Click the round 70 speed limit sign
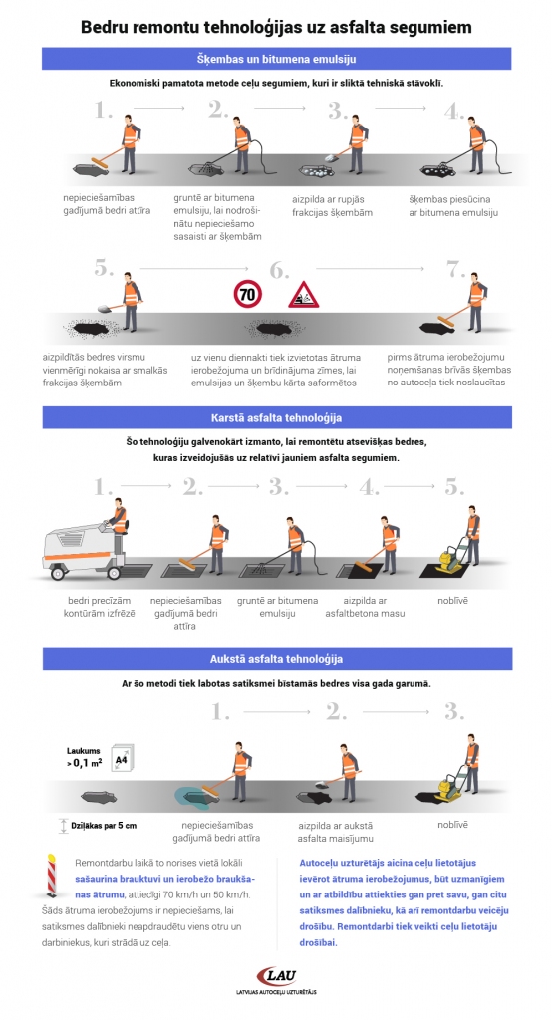click(247, 295)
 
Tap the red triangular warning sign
click(303, 295)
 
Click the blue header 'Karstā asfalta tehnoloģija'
click(276, 417)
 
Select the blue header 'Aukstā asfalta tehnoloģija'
click(276, 659)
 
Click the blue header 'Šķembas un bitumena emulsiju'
click(276, 59)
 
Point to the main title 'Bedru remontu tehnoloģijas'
click(276, 27)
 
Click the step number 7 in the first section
click(455, 269)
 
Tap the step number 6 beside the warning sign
click(279, 270)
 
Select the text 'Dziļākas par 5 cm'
click(104, 826)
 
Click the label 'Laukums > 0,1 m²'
click(84, 758)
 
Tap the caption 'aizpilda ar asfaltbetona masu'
click(365, 607)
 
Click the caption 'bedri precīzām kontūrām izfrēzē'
click(99, 607)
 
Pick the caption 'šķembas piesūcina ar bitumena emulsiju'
click(453, 205)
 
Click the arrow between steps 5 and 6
click(194, 268)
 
